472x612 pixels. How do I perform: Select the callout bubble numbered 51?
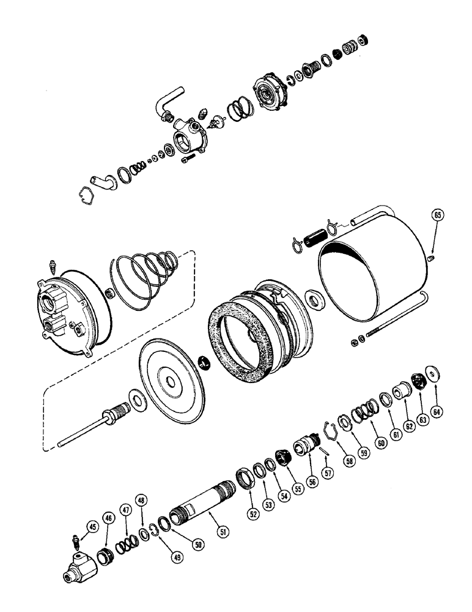(x=224, y=532)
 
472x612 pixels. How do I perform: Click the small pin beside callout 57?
(x=326, y=450)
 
